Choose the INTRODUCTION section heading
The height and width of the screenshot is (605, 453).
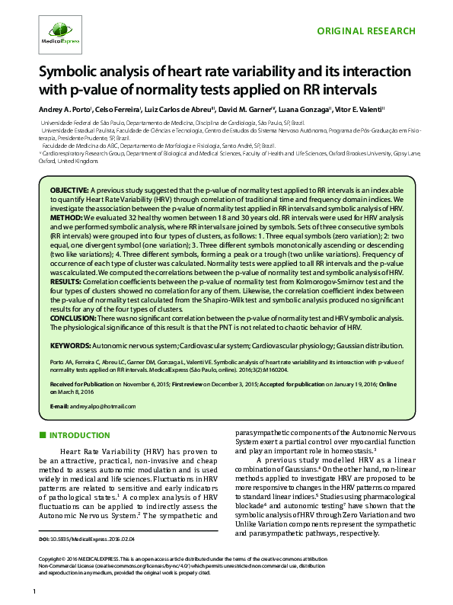tap(81, 434)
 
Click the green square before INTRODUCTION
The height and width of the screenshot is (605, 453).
tap(42, 434)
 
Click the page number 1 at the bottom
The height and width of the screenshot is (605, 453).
tap(35, 592)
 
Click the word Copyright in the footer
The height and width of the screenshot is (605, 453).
tap(52, 559)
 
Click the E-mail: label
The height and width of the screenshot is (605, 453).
tap(59, 406)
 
